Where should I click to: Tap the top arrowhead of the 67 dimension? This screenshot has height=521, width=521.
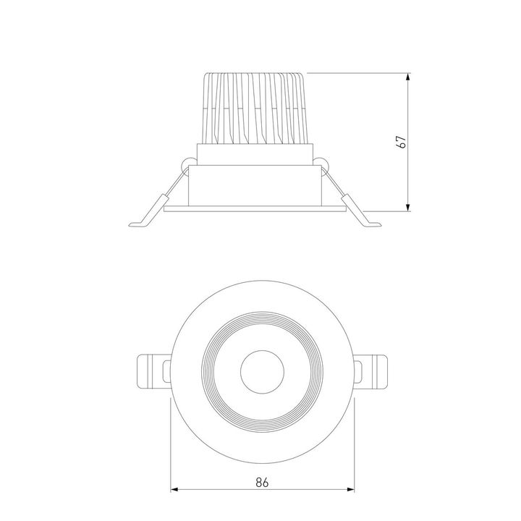409,76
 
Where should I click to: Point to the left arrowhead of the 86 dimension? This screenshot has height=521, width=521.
174,491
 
